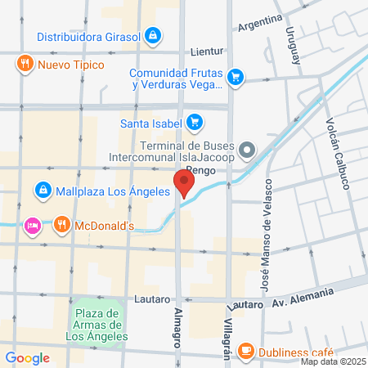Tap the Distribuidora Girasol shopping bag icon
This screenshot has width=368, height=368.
point(152,36)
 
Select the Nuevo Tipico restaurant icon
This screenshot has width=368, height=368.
point(26,64)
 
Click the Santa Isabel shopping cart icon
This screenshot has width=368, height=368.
point(194,123)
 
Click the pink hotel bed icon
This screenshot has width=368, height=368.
point(33,224)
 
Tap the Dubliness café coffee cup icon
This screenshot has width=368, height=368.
point(245,350)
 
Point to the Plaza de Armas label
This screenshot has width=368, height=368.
point(96,324)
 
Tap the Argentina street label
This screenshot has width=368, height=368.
point(260,22)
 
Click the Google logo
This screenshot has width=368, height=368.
point(27,357)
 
